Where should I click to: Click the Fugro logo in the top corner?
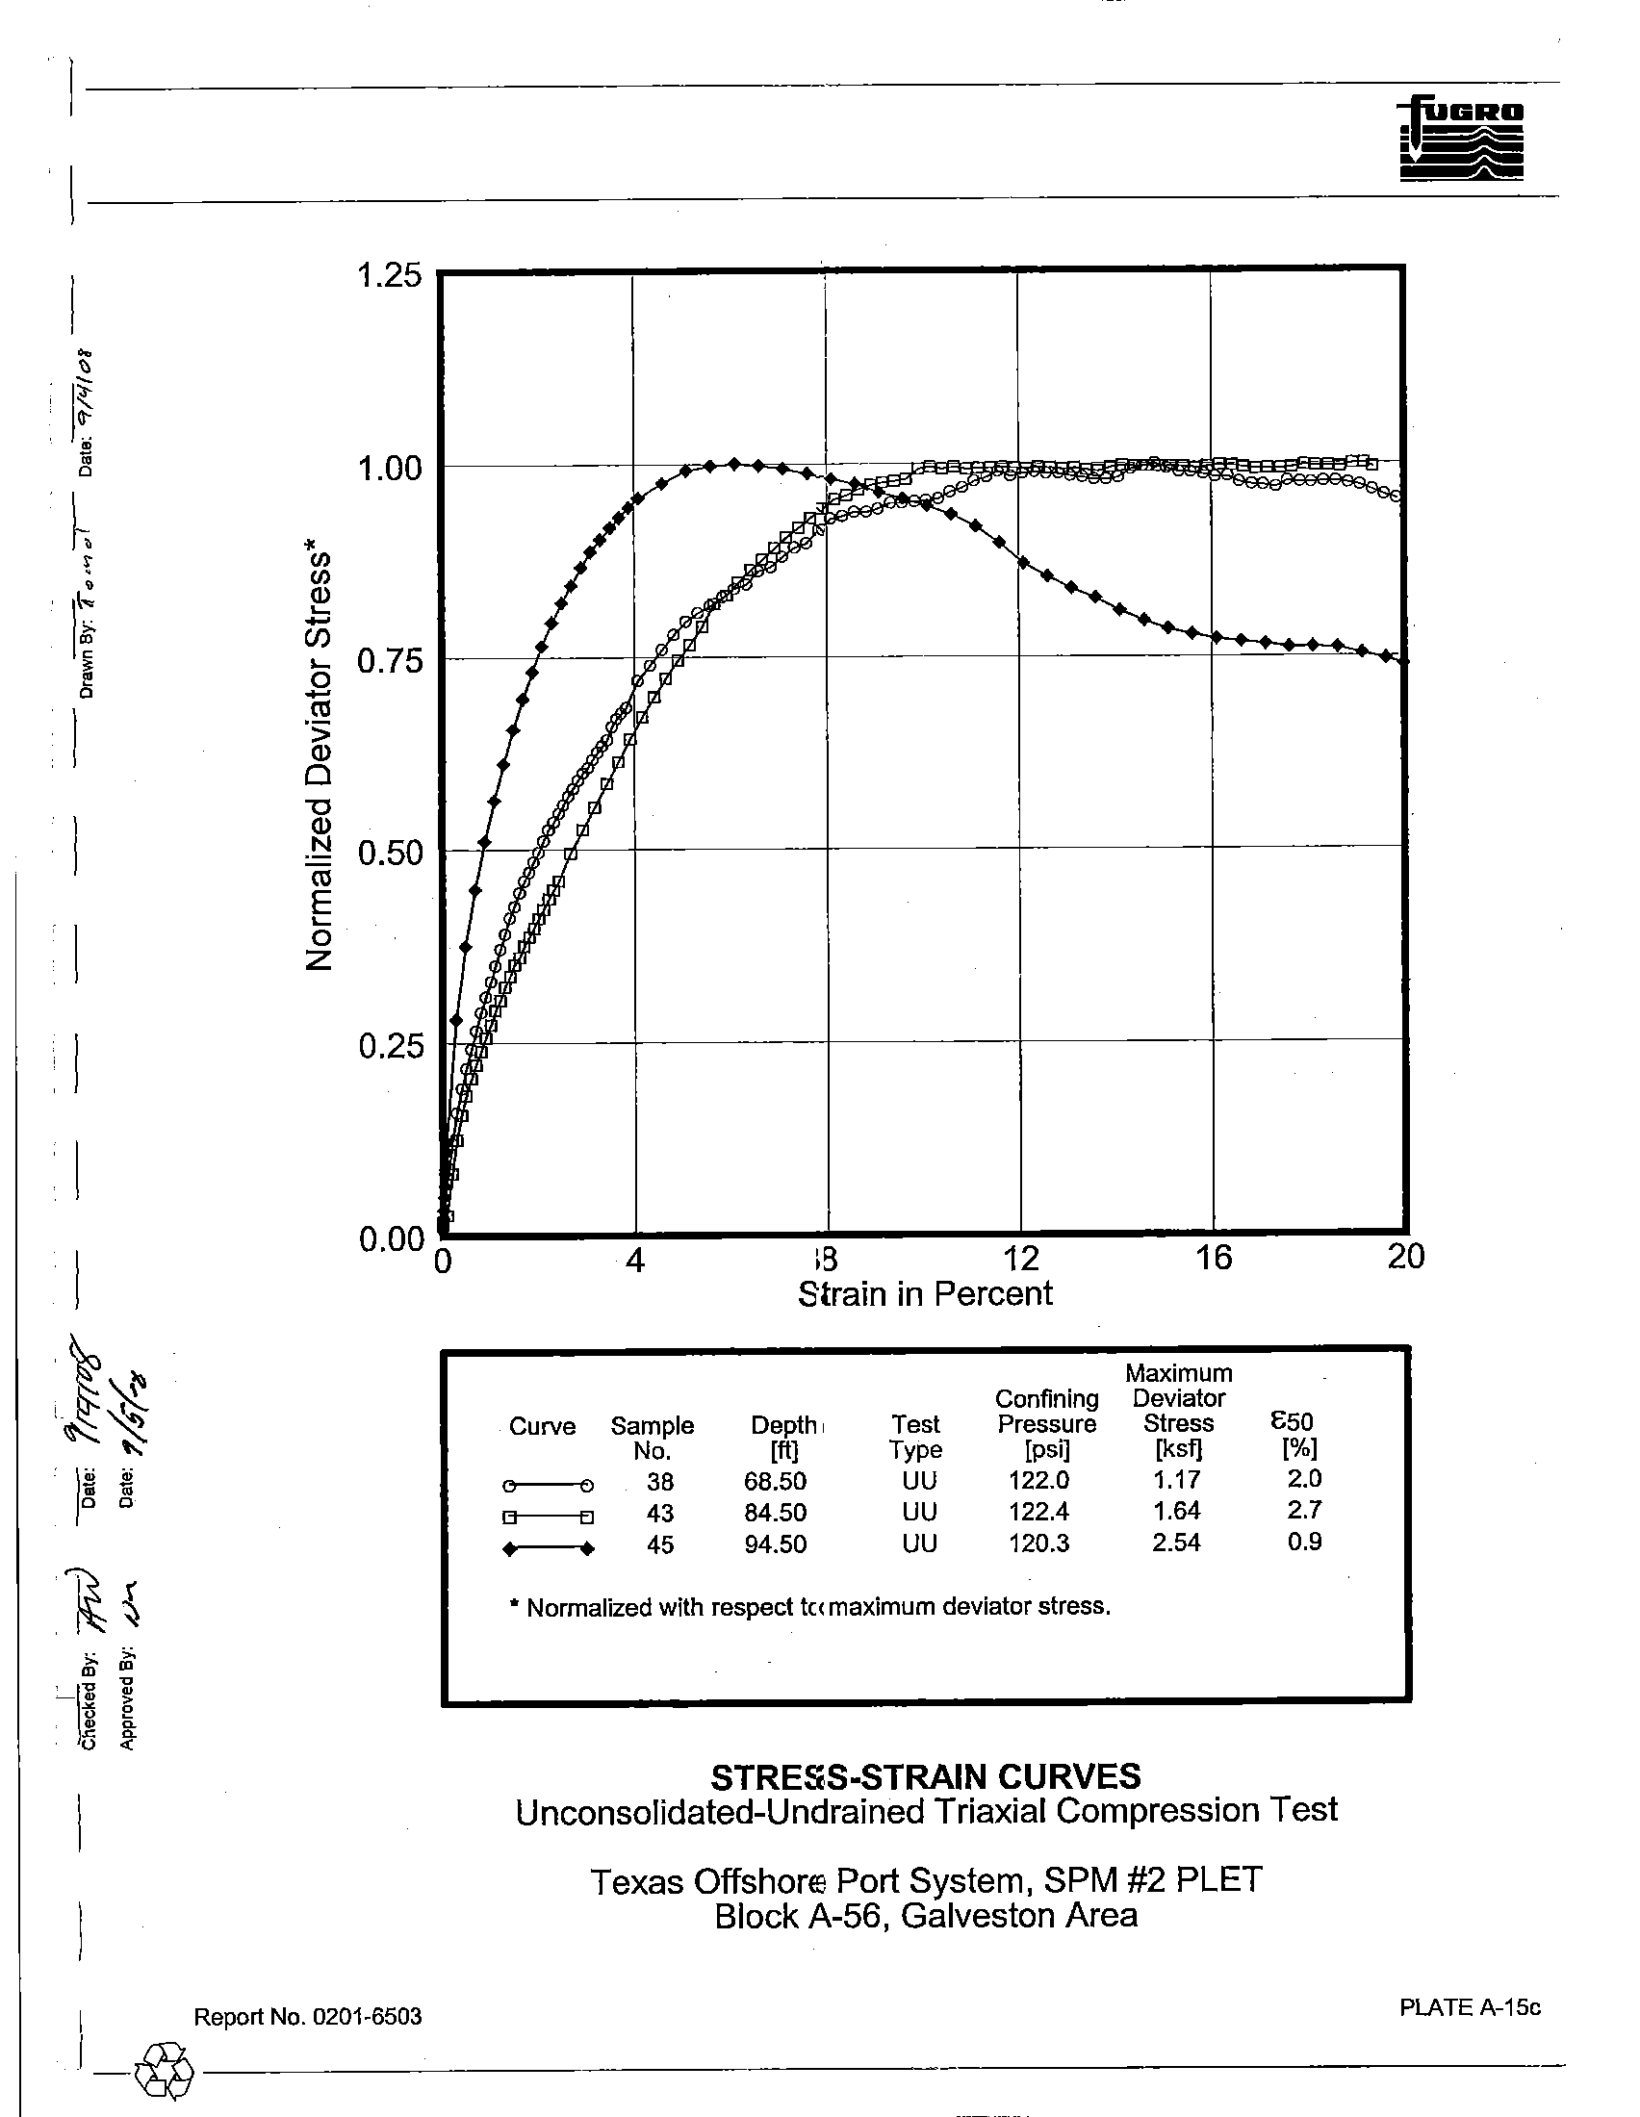tap(1461, 139)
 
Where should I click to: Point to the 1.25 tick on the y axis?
tap(390, 276)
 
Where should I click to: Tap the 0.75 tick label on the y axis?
tap(390, 661)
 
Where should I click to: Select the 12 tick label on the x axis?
tap(1019, 1259)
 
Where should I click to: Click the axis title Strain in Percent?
tap(925, 1294)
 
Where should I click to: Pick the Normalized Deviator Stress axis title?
tap(320, 762)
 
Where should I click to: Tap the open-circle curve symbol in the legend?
tap(548, 1485)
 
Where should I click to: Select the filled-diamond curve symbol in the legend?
tap(548, 1549)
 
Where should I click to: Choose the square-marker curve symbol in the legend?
tap(548, 1517)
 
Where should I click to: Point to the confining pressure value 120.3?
tap(1038, 1543)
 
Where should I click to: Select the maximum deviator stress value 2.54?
tap(1176, 1543)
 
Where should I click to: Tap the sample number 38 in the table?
tap(660, 1481)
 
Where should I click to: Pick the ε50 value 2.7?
tap(1304, 1510)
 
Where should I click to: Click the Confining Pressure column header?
tap(1047, 1423)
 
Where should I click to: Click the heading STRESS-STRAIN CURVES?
tap(926, 1776)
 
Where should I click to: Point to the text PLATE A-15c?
tap(1470, 2006)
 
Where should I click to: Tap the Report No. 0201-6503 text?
tap(308, 2017)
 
